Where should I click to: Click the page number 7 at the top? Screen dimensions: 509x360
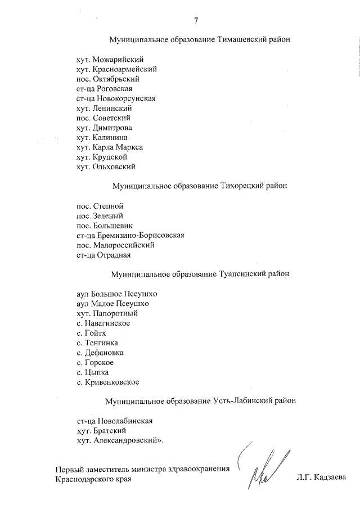[196, 21]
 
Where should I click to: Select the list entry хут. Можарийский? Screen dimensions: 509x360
[110, 59]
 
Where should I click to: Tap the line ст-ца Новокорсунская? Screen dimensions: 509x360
[116, 98]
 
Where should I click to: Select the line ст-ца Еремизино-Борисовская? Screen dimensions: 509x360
[130, 236]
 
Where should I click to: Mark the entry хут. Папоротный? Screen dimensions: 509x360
[107, 313]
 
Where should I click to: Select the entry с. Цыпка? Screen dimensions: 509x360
[92, 372]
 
